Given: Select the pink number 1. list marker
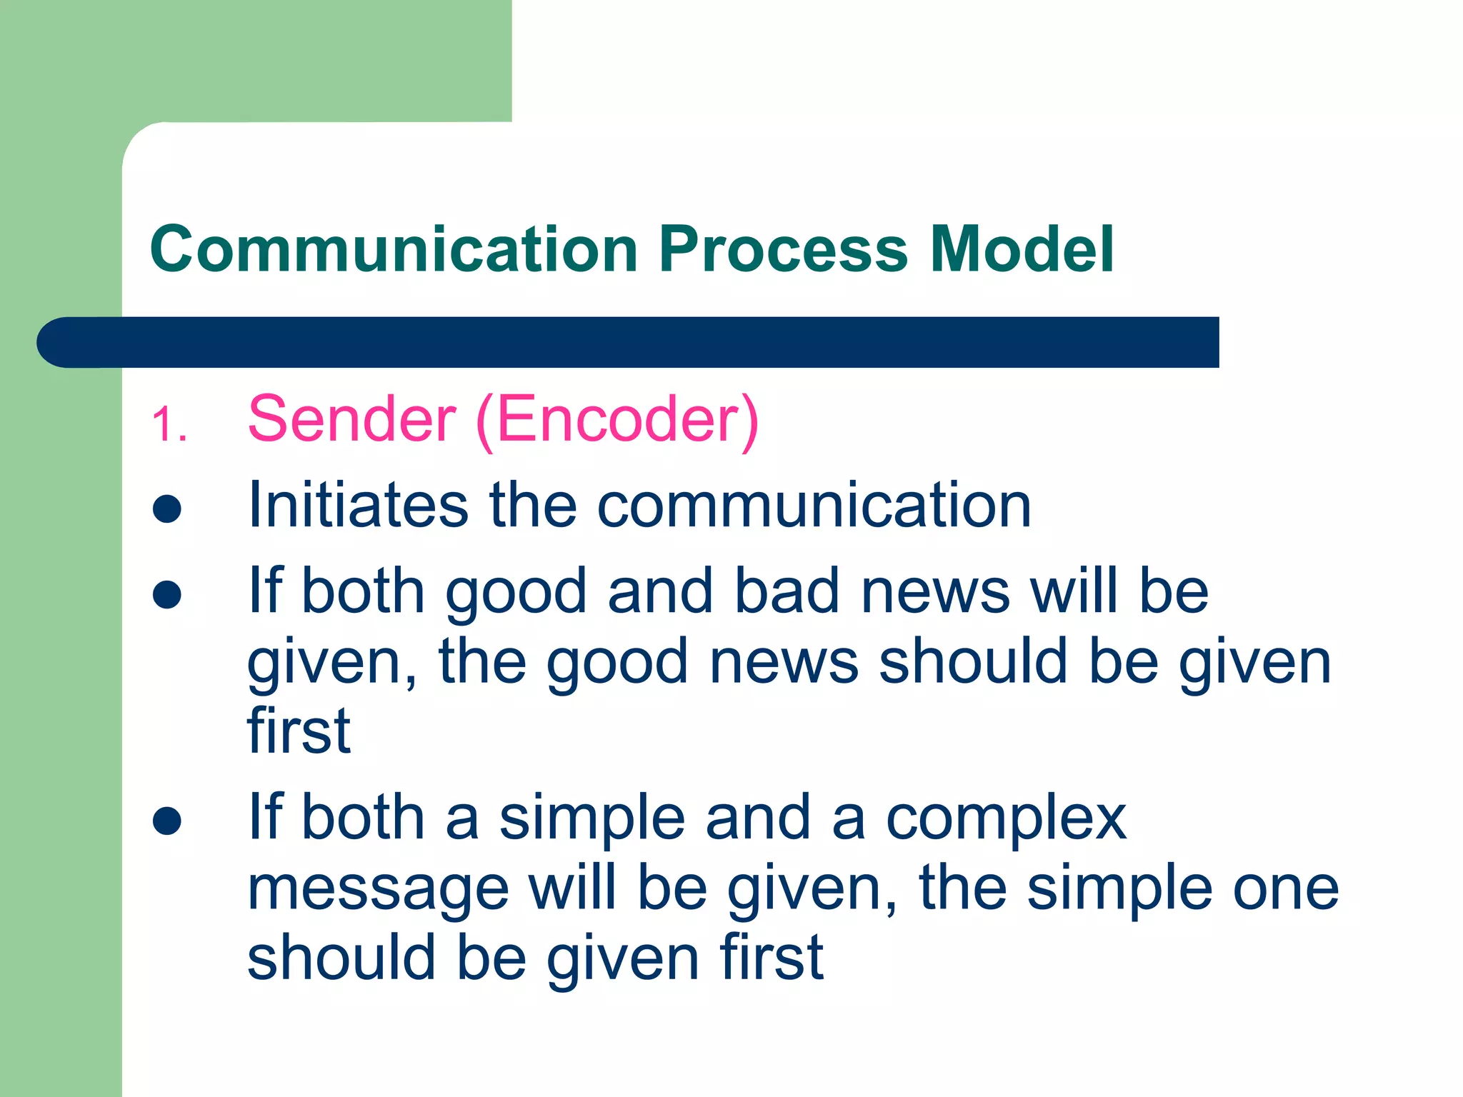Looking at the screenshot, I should (x=169, y=425).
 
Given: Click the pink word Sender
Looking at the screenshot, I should (x=351, y=419).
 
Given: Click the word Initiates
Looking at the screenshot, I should (x=358, y=505).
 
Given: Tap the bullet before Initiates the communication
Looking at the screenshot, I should (x=167, y=509).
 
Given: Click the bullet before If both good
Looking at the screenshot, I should (x=167, y=594).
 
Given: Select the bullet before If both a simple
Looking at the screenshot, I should (x=167, y=821).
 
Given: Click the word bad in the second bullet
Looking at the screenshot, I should (x=787, y=591).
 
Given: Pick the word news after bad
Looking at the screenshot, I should (x=935, y=591).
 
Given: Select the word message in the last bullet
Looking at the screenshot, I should (x=378, y=890).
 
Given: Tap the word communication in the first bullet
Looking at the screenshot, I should (x=814, y=505).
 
